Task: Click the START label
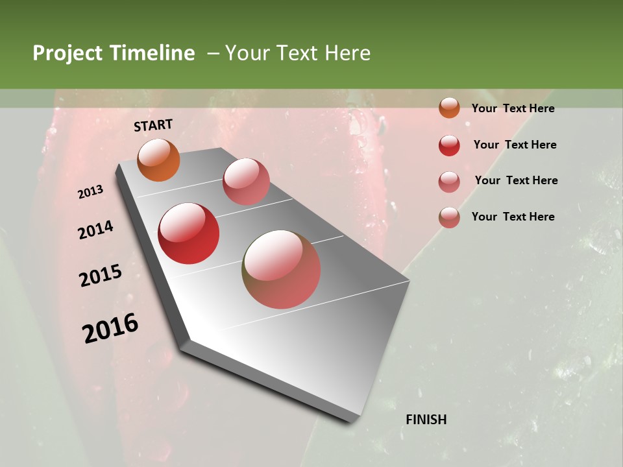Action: (x=153, y=125)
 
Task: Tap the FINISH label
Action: (x=426, y=420)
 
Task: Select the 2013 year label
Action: (x=90, y=192)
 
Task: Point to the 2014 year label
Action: (x=95, y=230)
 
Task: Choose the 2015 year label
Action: (x=101, y=276)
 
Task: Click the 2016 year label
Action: (x=110, y=328)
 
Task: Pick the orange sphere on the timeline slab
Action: (x=159, y=160)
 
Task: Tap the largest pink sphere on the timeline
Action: (x=282, y=269)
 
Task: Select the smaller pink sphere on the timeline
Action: (x=246, y=182)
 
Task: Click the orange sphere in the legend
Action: (x=449, y=108)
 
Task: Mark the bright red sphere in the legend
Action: (x=449, y=145)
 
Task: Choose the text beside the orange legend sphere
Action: (x=513, y=108)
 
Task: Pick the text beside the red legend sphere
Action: (x=515, y=145)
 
